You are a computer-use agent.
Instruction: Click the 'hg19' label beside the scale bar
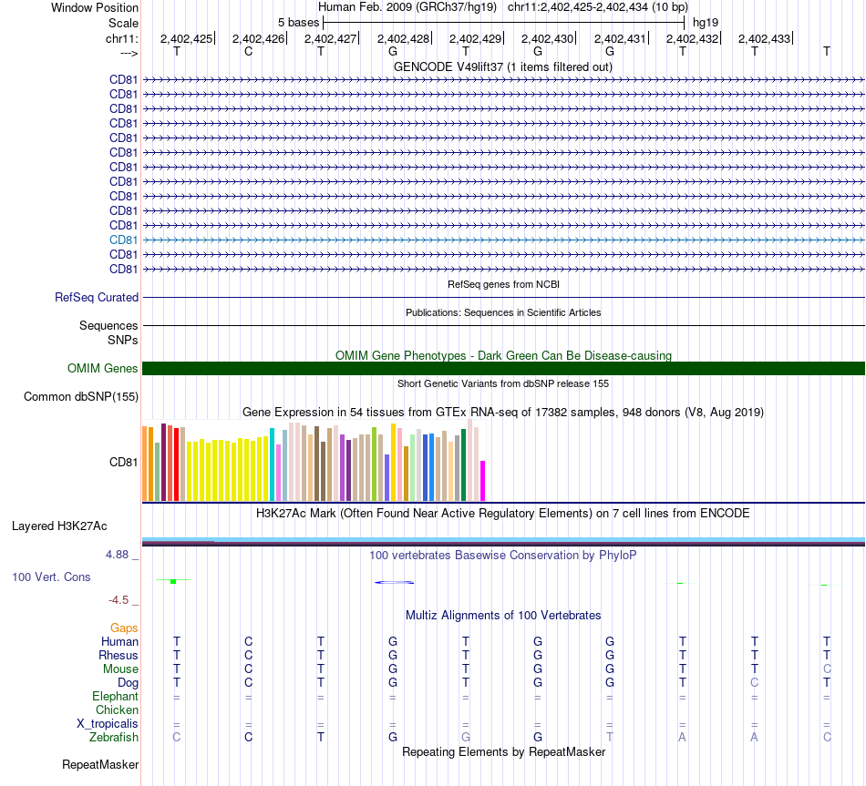705,22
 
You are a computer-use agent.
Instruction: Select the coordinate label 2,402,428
402,38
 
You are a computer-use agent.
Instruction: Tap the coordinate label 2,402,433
764,38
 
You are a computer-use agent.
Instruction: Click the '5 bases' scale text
298,22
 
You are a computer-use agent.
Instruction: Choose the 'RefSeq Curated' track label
97,297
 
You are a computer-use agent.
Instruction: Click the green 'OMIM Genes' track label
103,369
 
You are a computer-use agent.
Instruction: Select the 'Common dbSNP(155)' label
81,396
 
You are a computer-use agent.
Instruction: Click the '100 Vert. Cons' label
51,577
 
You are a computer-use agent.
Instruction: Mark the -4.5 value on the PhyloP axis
121,600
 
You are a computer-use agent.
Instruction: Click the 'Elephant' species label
116,696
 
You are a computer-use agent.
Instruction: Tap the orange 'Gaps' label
124,628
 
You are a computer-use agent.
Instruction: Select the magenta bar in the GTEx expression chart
483,480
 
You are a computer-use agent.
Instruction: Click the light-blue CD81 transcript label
124,240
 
